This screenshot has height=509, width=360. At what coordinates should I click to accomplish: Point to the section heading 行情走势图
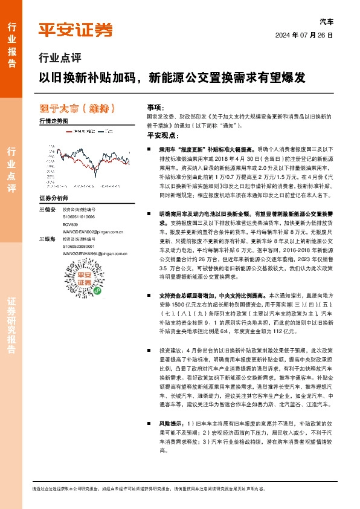(53, 122)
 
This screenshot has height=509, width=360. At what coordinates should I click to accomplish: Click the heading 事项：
(155, 106)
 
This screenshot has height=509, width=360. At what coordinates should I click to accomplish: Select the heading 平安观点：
(160, 135)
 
